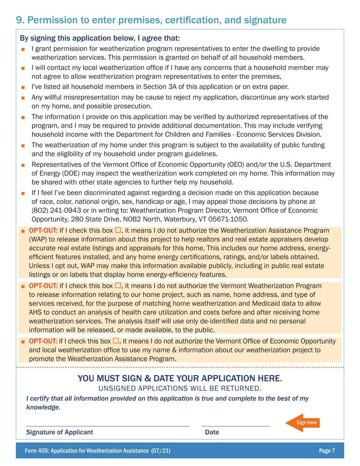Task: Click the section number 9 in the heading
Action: click(x=19, y=20)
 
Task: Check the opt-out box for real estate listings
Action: click(x=118, y=231)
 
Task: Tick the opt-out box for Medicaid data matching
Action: click(x=118, y=285)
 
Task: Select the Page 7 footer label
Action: click(x=327, y=451)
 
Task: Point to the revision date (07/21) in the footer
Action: click(x=161, y=451)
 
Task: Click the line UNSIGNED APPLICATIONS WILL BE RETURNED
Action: click(x=180, y=388)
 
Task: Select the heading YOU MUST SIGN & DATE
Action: click(x=180, y=378)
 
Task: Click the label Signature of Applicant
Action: click(x=59, y=432)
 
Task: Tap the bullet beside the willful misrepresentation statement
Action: click(x=22, y=97)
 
